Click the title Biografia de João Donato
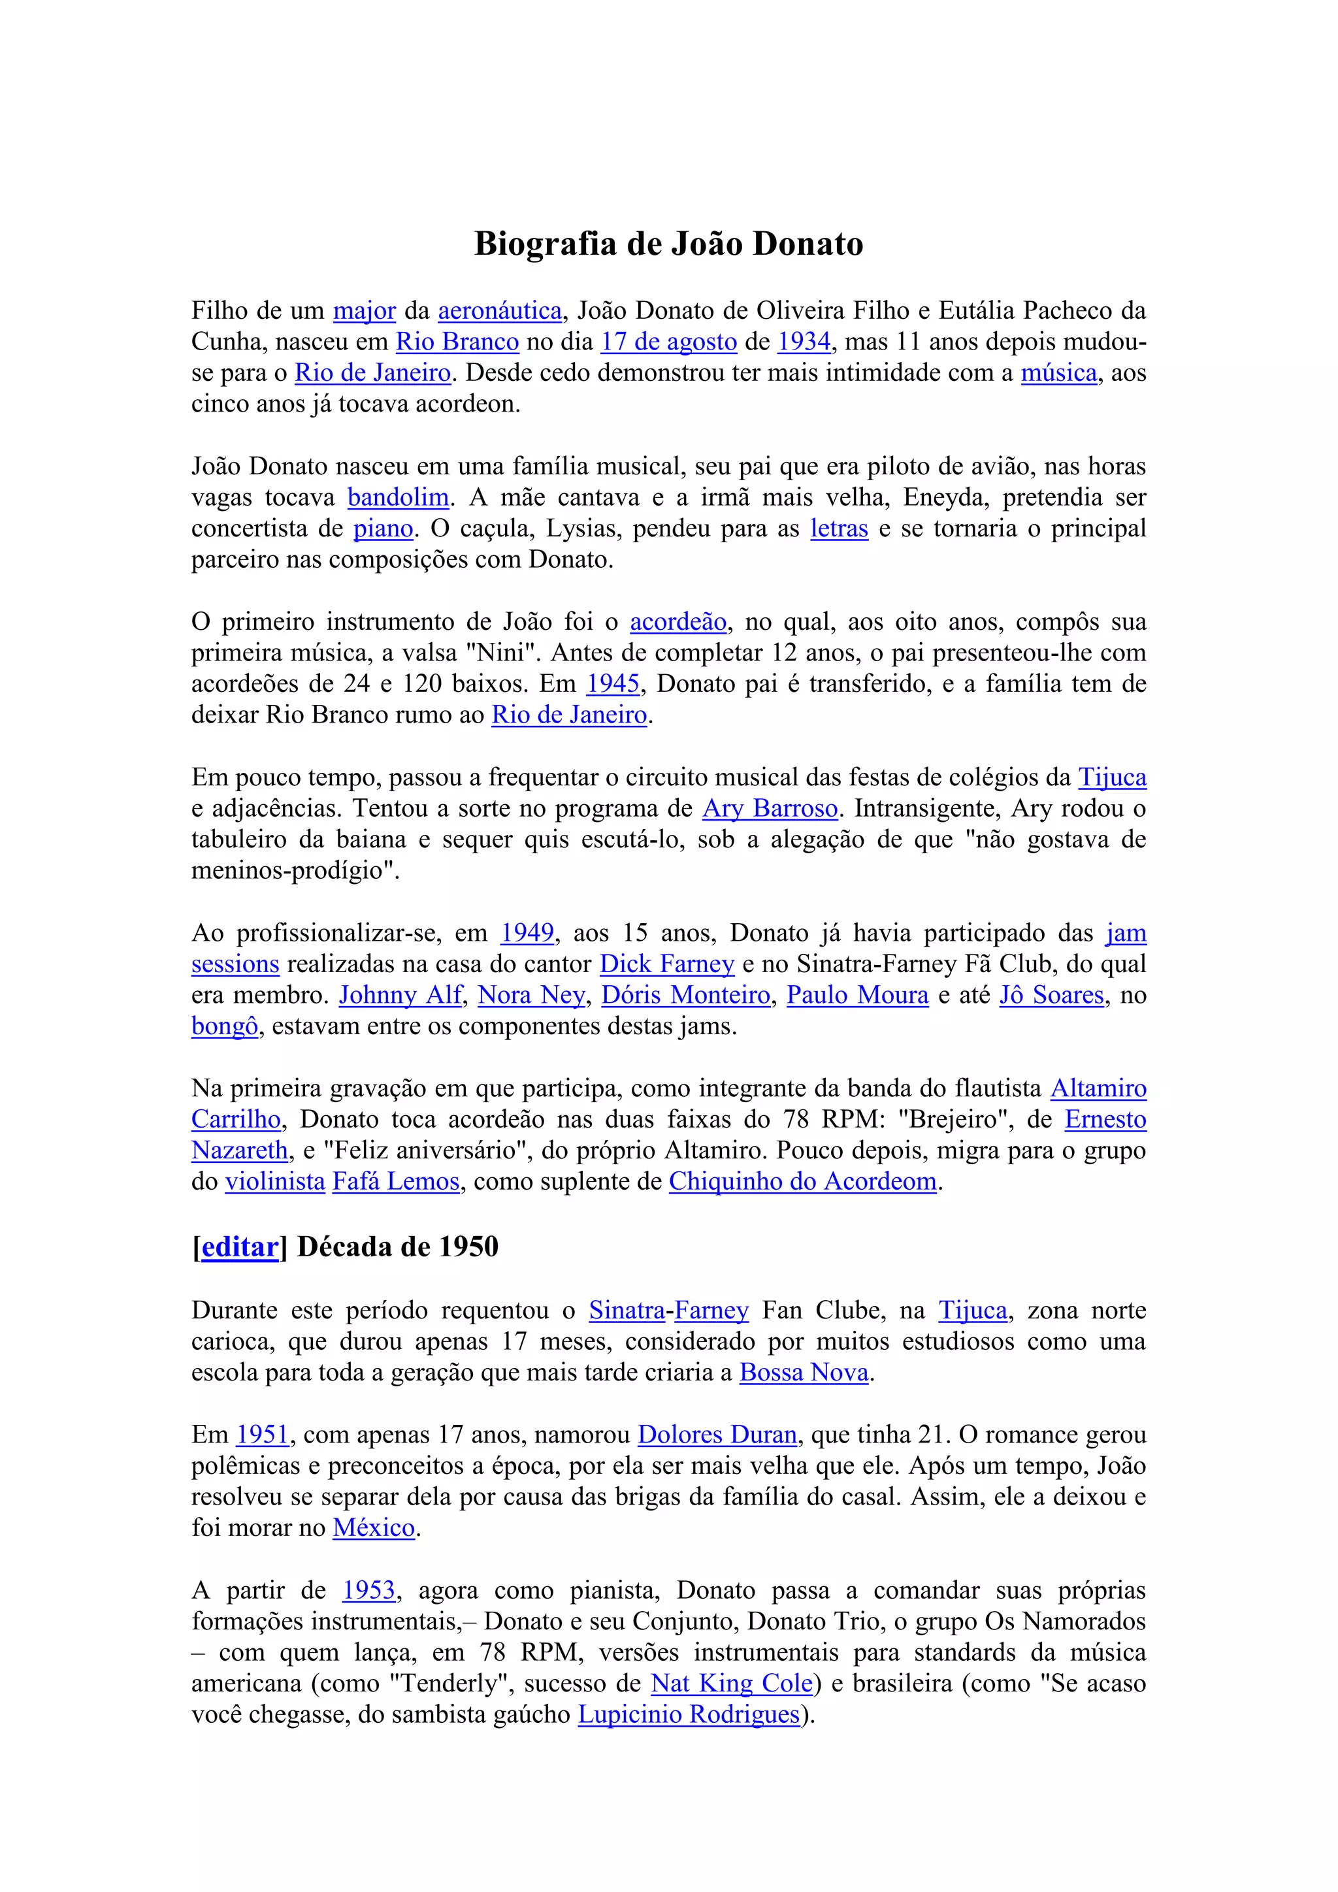click(668, 244)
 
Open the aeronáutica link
click(499, 311)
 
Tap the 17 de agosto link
click(668, 342)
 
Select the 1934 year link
click(804, 342)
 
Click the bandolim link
click(398, 498)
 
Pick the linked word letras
click(839, 529)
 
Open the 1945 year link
click(613, 684)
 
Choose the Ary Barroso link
click(770, 808)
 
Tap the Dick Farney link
click(666, 964)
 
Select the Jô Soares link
click(1051, 996)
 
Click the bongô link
click(225, 1027)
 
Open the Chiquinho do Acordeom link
click(802, 1182)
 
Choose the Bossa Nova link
click(804, 1373)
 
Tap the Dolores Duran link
click(717, 1435)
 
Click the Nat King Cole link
click(732, 1684)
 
